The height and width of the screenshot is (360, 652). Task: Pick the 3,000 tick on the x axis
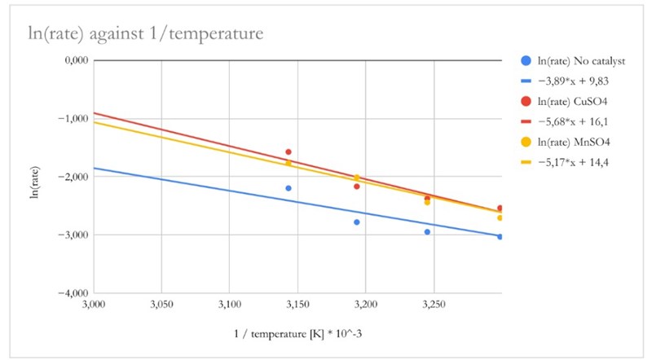coord(94,305)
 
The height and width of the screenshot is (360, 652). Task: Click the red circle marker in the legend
coord(526,101)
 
